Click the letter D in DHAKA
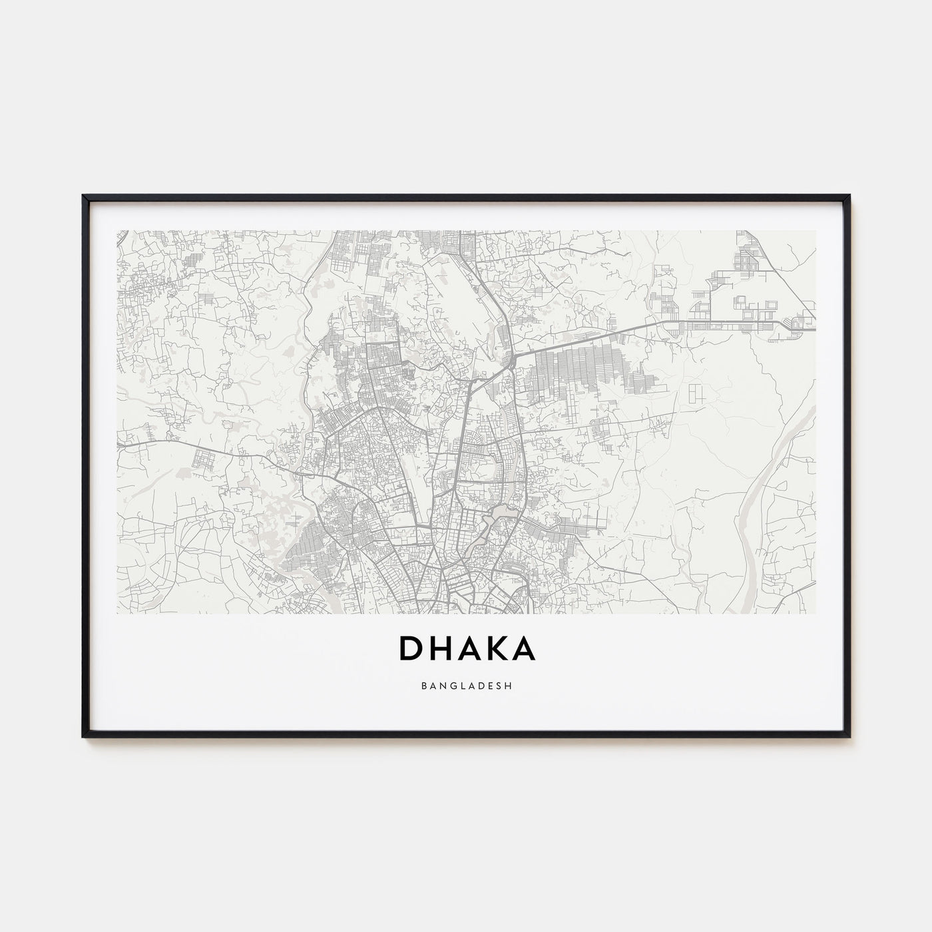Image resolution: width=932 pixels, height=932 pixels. pos(409,649)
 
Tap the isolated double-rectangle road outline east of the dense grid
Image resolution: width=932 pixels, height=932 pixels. pos(696,393)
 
